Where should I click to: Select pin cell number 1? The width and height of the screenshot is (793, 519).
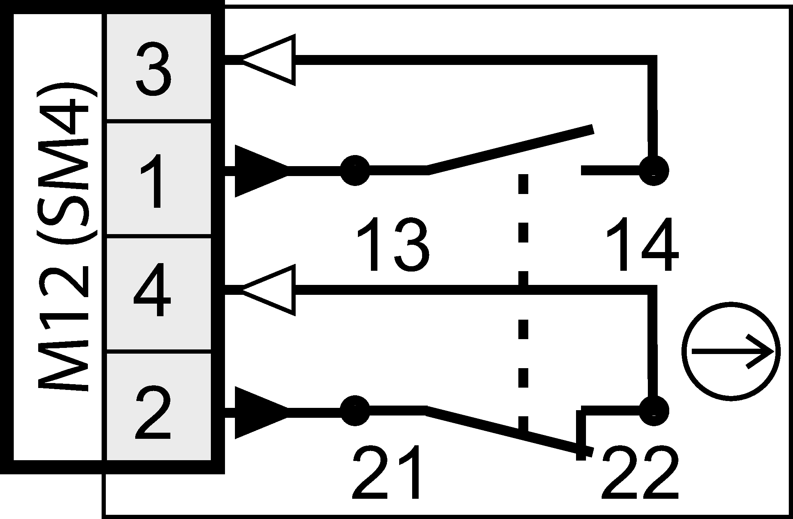pyautogui.click(x=158, y=179)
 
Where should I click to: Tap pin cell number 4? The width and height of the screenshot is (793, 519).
pyautogui.click(x=158, y=295)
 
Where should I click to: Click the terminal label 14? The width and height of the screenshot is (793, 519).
pyautogui.click(x=642, y=244)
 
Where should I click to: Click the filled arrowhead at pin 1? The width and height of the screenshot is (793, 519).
pyautogui.click(x=260, y=171)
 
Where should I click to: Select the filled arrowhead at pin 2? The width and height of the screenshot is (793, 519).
pyautogui.click(x=260, y=412)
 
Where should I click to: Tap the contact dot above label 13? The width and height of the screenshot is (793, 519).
pyautogui.click(x=355, y=170)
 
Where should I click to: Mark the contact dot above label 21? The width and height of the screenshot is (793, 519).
pyautogui.click(x=355, y=411)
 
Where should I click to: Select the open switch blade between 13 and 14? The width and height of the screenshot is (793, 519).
pyautogui.click(x=510, y=150)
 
